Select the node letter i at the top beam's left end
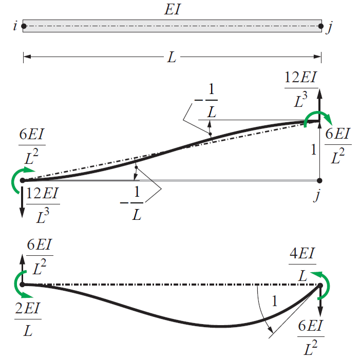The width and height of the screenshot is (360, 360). point(14,26)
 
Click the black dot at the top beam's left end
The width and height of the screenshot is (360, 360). point(23,25)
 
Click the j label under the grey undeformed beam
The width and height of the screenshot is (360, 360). point(319,195)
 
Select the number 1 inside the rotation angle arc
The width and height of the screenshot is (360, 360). point(274,302)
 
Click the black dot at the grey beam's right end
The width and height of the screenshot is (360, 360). point(319,181)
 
